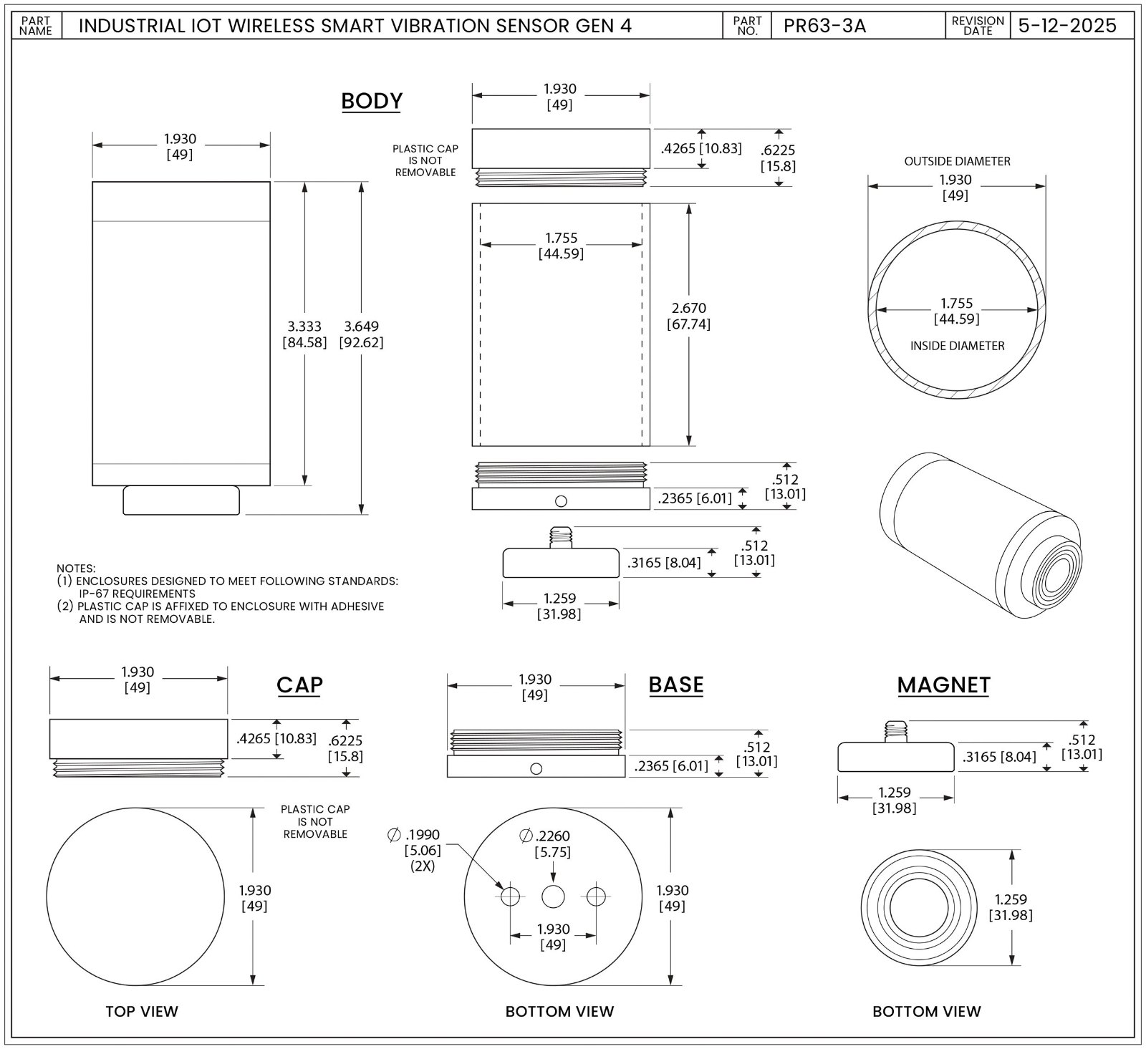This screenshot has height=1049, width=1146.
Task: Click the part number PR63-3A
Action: pyautogui.click(x=824, y=26)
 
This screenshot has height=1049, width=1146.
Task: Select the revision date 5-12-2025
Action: pyautogui.click(x=1067, y=26)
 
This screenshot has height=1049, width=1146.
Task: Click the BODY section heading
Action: pyautogui.click(x=372, y=101)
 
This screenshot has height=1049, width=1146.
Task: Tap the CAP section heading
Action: pyautogui.click(x=299, y=685)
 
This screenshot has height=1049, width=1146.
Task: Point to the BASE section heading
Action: pyautogui.click(x=676, y=685)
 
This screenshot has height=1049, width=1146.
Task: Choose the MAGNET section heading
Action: pyautogui.click(x=944, y=685)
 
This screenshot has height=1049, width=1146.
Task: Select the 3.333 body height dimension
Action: pyautogui.click(x=304, y=327)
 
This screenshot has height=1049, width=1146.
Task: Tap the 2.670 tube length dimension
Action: pyautogui.click(x=689, y=308)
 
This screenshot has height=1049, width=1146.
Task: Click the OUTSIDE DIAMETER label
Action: pyautogui.click(x=957, y=161)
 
